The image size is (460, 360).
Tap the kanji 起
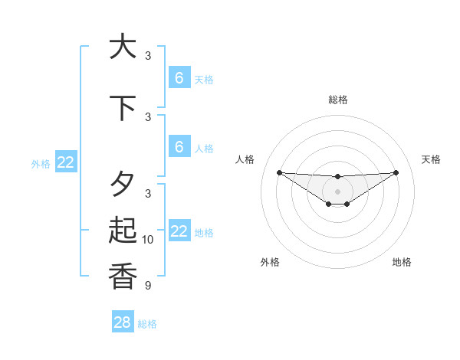coord(123,231)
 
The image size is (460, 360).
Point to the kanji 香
coord(123,277)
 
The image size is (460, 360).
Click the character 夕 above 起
coord(123,185)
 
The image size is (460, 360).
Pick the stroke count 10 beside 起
coord(148,240)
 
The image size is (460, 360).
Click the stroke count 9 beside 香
coord(148,286)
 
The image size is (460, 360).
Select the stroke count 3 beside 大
coord(148,55)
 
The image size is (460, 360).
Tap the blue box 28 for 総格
coord(123,322)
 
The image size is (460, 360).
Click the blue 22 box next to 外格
coord(66,162)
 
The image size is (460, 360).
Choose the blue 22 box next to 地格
coord(179,231)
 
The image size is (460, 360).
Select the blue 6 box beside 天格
coord(179,77)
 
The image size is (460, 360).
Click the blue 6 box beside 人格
coord(179,146)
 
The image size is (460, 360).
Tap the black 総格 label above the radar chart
coord(338,100)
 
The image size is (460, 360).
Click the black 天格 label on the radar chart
coord(432,159)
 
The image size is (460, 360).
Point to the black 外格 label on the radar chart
coord(270,262)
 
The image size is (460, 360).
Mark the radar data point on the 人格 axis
coord(279,172)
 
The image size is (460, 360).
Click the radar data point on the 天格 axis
coord(396,172)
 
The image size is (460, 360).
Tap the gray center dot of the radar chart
coord(338,191)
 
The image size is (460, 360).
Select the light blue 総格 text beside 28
coord(148,324)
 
